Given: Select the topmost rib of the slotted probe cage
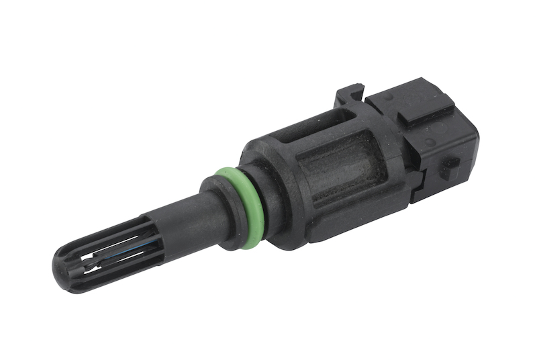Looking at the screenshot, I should coord(107,235).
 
